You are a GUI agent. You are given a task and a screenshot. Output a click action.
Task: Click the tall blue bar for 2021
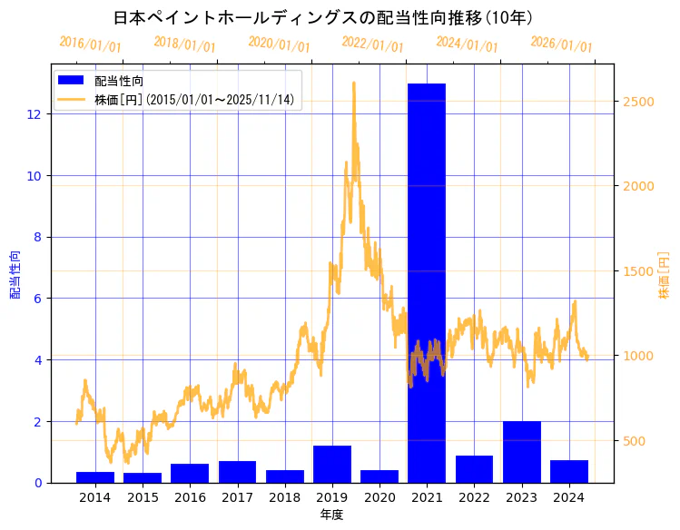tap(427, 281)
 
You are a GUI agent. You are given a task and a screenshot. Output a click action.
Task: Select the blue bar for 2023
tap(521, 452)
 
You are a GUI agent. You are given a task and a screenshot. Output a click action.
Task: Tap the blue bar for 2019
tap(332, 464)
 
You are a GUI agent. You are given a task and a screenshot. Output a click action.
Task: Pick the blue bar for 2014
tap(95, 477)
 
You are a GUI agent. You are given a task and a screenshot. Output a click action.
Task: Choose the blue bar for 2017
tap(237, 472)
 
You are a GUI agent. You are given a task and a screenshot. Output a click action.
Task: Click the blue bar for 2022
tap(474, 469)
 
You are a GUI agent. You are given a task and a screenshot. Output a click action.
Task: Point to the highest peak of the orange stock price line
tap(353, 83)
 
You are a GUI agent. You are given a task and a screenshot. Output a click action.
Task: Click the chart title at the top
tap(323, 17)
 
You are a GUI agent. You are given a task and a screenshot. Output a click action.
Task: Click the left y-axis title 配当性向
tap(15, 274)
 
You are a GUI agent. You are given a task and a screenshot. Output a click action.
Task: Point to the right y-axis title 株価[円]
tap(664, 276)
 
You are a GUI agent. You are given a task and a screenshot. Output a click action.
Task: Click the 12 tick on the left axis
tap(34, 114)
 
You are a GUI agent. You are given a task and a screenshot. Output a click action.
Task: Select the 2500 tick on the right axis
tap(638, 102)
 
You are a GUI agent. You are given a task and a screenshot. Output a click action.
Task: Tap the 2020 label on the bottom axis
tap(379, 497)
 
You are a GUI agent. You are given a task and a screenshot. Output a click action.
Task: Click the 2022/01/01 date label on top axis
tap(372, 44)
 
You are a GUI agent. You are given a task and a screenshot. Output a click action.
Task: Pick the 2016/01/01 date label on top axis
tap(90, 44)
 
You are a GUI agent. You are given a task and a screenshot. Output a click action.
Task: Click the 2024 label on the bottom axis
tap(568, 497)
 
